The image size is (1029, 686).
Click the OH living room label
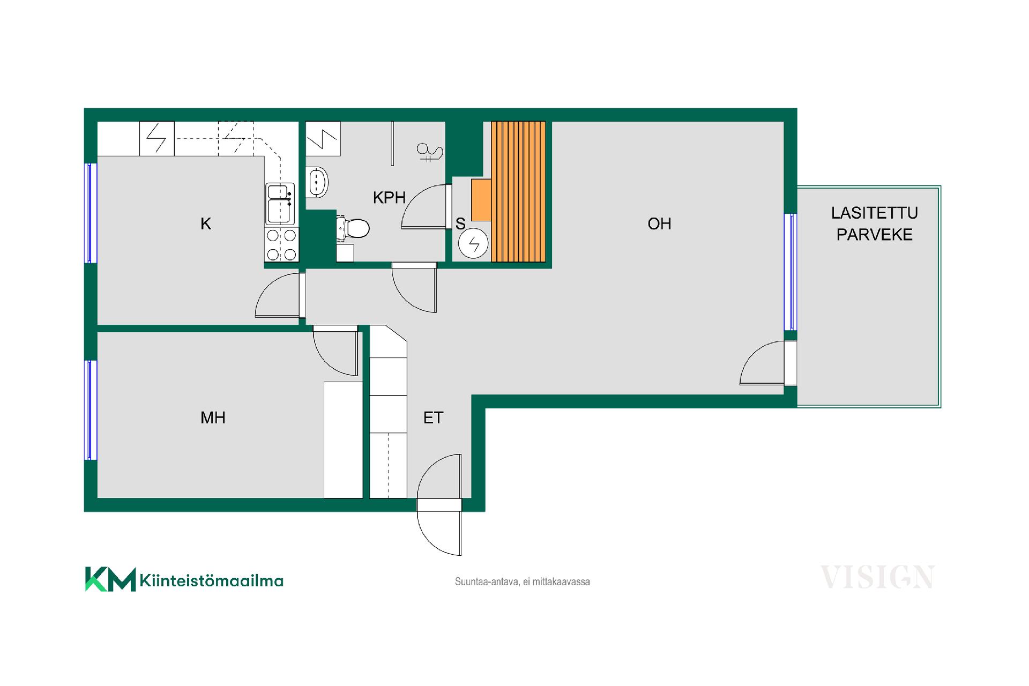pyautogui.click(x=659, y=223)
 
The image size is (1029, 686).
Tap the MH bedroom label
pyautogui.click(x=213, y=417)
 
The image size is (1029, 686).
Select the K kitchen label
pyautogui.click(x=206, y=223)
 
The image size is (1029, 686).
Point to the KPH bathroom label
pyautogui.click(x=389, y=197)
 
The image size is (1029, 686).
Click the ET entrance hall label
pyautogui.click(x=433, y=417)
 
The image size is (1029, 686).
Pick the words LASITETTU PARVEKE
pyautogui.click(x=875, y=223)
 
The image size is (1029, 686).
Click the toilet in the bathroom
pyautogui.click(x=353, y=228)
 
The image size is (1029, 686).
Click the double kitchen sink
pyautogui.click(x=280, y=204)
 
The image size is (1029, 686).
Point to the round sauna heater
pyautogui.click(x=473, y=244)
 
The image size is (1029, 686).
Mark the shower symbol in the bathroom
pyautogui.click(x=430, y=153)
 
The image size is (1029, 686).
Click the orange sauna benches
pyautogui.click(x=518, y=192)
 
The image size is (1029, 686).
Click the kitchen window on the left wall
pyautogui.click(x=91, y=213)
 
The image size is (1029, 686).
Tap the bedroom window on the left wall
pyautogui.click(x=91, y=410)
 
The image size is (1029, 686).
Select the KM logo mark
pyautogui.click(x=110, y=579)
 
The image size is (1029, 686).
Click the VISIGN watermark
pyautogui.click(x=877, y=577)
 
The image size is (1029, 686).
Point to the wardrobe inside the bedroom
pyautogui.click(x=343, y=439)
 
